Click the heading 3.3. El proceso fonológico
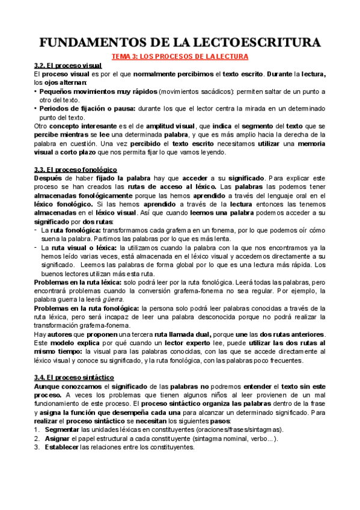pos(76,170)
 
